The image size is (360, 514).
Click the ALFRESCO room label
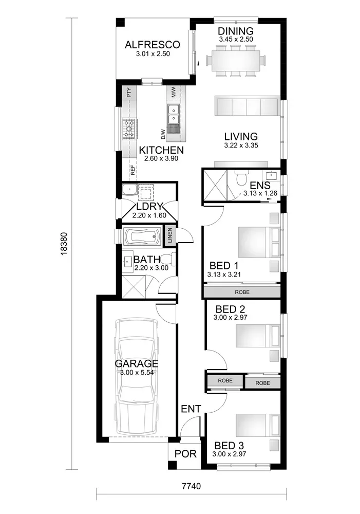[x=153, y=45]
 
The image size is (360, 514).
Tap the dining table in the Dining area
[x=236, y=61]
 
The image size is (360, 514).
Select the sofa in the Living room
[x=248, y=106]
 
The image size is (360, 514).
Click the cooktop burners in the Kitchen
[x=128, y=128]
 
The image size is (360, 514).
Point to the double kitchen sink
[x=173, y=114]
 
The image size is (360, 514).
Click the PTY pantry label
[x=129, y=93]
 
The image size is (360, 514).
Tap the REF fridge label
[x=132, y=170]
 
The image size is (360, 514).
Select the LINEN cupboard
[x=170, y=235]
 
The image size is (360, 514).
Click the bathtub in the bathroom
[x=142, y=236]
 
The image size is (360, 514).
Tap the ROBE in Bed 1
[x=242, y=292]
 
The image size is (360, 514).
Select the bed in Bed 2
[x=258, y=336]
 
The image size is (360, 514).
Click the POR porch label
[x=185, y=454]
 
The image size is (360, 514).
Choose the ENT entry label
[x=191, y=409]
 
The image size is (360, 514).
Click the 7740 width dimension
[x=192, y=486]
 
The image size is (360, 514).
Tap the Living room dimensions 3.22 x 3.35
[x=241, y=145]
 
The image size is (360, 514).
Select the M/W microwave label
[x=173, y=92]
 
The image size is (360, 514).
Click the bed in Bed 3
[x=258, y=425]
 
